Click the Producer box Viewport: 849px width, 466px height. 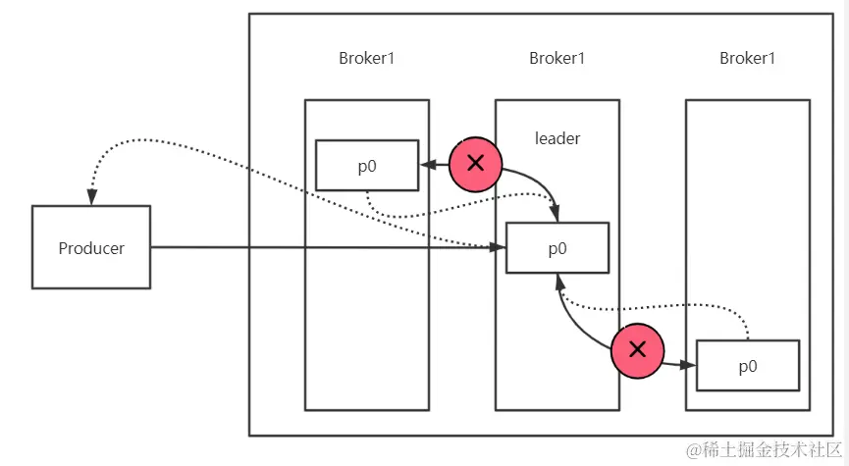coord(91,247)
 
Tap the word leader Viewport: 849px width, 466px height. coord(557,138)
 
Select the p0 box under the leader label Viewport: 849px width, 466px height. coord(557,248)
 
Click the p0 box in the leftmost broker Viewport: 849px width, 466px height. coord(366,166)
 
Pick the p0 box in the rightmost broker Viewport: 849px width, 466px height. coord(747,366)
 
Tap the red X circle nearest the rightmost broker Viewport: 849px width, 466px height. coord(637,349)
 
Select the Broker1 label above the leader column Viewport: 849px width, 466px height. coord(557,58)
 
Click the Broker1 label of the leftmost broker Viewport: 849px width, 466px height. coord(366,58)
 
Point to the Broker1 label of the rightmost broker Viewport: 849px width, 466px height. coord(747,58)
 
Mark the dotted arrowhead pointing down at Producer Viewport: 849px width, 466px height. coord(91,197)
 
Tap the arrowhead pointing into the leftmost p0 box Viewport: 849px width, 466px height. coord(427,165)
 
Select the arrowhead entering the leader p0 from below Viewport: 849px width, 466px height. coord(557,281)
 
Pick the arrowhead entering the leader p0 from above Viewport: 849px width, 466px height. coord(557,215)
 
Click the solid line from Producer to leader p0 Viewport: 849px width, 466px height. coord(324,248)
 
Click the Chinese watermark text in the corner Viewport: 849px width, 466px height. coord(765,450)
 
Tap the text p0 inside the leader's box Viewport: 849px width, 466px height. coord(557,248)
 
